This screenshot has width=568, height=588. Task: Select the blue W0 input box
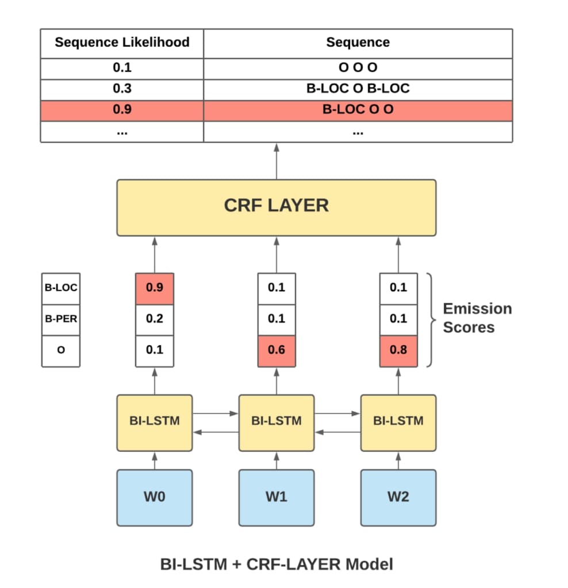(154, 497)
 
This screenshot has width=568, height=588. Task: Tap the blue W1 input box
(276, 497)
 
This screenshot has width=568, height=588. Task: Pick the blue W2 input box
(398, 497)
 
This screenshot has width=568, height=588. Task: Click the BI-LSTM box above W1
(276, 421)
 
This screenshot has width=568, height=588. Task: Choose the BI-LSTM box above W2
(398, 421)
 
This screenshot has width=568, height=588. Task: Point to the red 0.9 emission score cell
(154, 288)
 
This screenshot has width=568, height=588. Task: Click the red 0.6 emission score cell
(276, 350)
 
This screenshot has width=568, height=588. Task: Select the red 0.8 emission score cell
(398, 350)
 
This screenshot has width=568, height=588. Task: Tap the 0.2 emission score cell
(154, 319)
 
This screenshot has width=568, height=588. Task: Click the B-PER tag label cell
(61, 319)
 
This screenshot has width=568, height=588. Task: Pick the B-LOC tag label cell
(61, 288)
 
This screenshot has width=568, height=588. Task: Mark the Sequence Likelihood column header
(122, 42)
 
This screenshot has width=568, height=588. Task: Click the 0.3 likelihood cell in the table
(122, 89)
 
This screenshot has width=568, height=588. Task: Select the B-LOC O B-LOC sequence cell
(358, 89)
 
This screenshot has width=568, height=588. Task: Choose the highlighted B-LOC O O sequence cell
(358, 110)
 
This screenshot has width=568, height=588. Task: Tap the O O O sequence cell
(358, 68)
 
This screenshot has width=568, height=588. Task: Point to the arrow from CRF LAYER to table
(277, 161)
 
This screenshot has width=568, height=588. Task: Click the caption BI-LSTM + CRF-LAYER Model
(277, 564)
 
